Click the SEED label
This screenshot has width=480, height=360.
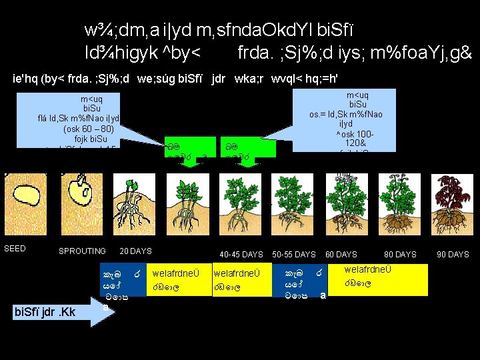click(x=15, y=249)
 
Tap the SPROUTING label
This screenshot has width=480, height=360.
click(x=82, y=251)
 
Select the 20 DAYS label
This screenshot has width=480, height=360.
click(x=135, y=251)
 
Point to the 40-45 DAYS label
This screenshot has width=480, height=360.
click(x=241, y=255)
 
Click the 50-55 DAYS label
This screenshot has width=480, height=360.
click(x=294, y=255)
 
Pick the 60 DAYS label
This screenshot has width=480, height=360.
click(x=341, y=255)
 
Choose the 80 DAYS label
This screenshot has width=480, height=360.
click(x=400, y=255)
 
